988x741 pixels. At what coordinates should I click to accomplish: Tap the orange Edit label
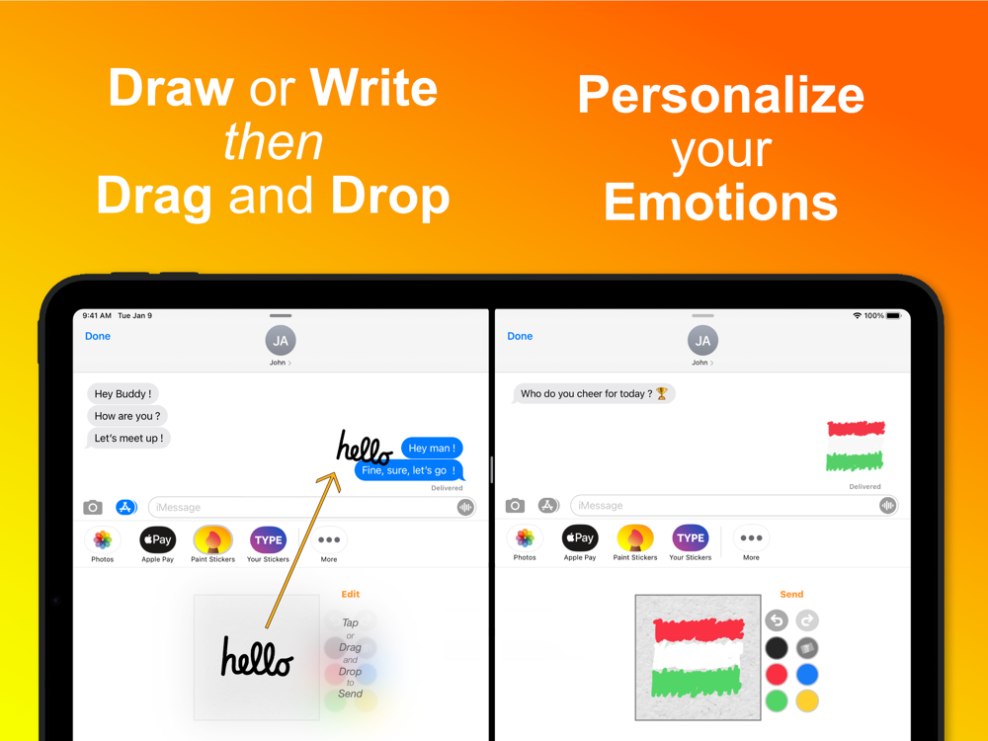click(x=351, y=594)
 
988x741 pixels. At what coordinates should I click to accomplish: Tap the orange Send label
click(x=791, y=594)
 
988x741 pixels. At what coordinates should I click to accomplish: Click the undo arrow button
click(x=777, y=620)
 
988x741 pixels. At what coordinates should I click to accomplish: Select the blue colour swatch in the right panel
click(x=807, y=674)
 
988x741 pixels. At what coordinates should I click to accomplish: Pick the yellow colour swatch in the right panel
click(x=807, y=700)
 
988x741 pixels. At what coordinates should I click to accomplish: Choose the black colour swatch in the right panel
click(x=777, y=648)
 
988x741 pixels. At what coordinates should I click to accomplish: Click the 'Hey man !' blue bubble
click(x=433, y=448)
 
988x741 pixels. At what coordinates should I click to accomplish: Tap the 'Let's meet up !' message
click(x=128, y=438)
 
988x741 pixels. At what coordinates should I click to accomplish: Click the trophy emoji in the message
click(x=662, y=393)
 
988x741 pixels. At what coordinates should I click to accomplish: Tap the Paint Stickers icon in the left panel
click(x=213, y=539)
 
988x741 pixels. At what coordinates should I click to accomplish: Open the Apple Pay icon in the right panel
click(x=580, y=537)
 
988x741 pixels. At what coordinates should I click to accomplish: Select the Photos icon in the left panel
click(x=102, y=540)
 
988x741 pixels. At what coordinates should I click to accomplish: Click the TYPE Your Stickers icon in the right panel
click(x=690, y=537)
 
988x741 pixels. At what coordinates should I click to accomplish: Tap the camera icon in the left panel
click(x=93, y=507)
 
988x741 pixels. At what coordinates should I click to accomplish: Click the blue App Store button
click(x=126, y=507)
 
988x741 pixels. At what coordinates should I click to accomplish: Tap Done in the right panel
click(x=520, y=337)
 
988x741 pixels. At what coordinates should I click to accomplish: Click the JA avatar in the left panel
click(x=281, y=341)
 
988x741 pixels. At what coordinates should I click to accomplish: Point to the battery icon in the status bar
click(x=893, y=316)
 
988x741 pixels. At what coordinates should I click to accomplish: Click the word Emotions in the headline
click(x=721, y=203)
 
